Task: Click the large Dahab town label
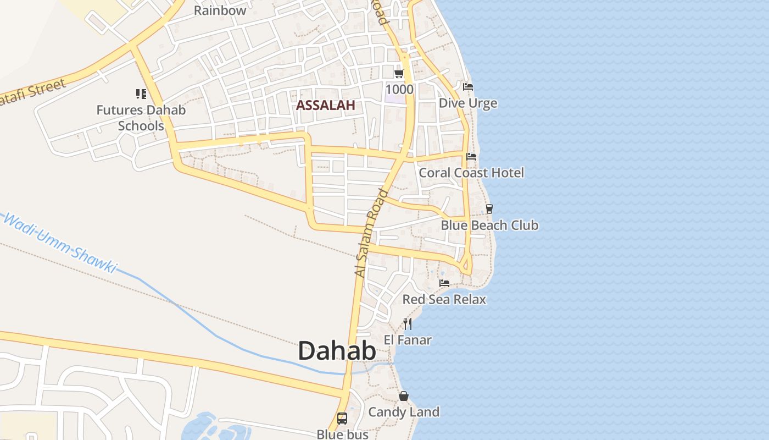[337, 351]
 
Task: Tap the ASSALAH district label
[326, 105]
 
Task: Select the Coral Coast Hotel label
[471, 173]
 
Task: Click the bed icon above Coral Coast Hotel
[471, 157]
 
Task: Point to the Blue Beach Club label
[489, 225]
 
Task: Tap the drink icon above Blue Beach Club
[489, 209]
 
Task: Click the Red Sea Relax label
[444, 299]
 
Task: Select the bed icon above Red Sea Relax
[444, 283]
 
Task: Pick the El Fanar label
[408, 340]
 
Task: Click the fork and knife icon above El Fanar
[408, 323]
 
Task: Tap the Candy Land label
[404, 412]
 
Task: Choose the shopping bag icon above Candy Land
[404, 396]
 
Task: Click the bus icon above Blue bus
[342, 419]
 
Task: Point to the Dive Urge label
[468, 103]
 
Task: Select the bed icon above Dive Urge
[468, 87]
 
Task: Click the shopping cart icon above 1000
[399, 73]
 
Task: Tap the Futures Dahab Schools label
[141, 118]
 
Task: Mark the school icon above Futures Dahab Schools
[141, 94]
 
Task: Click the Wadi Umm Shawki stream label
[60, 243]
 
